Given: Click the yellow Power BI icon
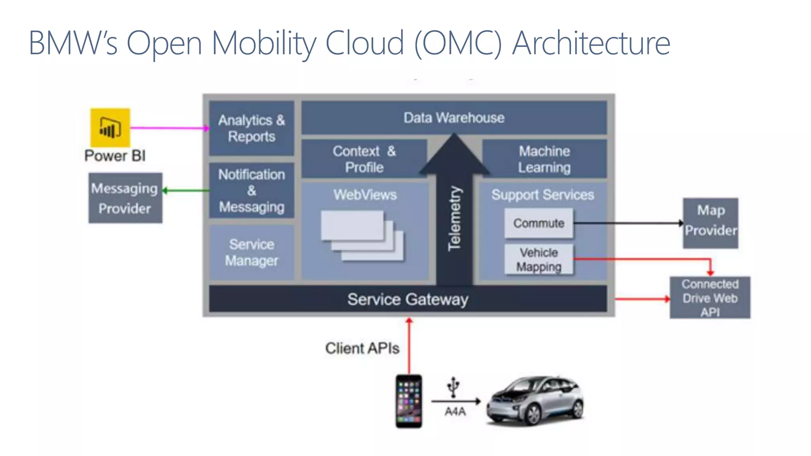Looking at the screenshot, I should tap(110, 127).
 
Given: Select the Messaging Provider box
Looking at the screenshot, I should tap(125, 198).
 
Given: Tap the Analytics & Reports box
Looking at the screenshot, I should tap(251, 128).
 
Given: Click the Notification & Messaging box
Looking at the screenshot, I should tap(251, 190).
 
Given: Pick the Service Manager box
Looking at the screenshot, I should tap(251, 253).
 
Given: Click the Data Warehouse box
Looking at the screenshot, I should tap(454, 118).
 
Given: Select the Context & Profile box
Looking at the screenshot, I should tap(364, 159).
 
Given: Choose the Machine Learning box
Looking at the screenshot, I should tap(544, 159).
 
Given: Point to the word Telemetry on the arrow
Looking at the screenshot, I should tap(454, 218).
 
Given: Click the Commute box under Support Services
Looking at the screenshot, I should tap(539, 223).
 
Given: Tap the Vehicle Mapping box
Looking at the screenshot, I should tap(539, 259).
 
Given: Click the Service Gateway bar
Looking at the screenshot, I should tap(408, 299).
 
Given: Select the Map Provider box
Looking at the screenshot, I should tap(710, 223).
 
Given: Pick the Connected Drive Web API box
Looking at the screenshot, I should tap(710, 298).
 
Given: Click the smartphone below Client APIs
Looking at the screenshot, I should tap(409, 401).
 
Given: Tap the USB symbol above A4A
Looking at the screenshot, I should tap(453, 386).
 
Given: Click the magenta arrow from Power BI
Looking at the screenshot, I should tap(168, 128).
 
